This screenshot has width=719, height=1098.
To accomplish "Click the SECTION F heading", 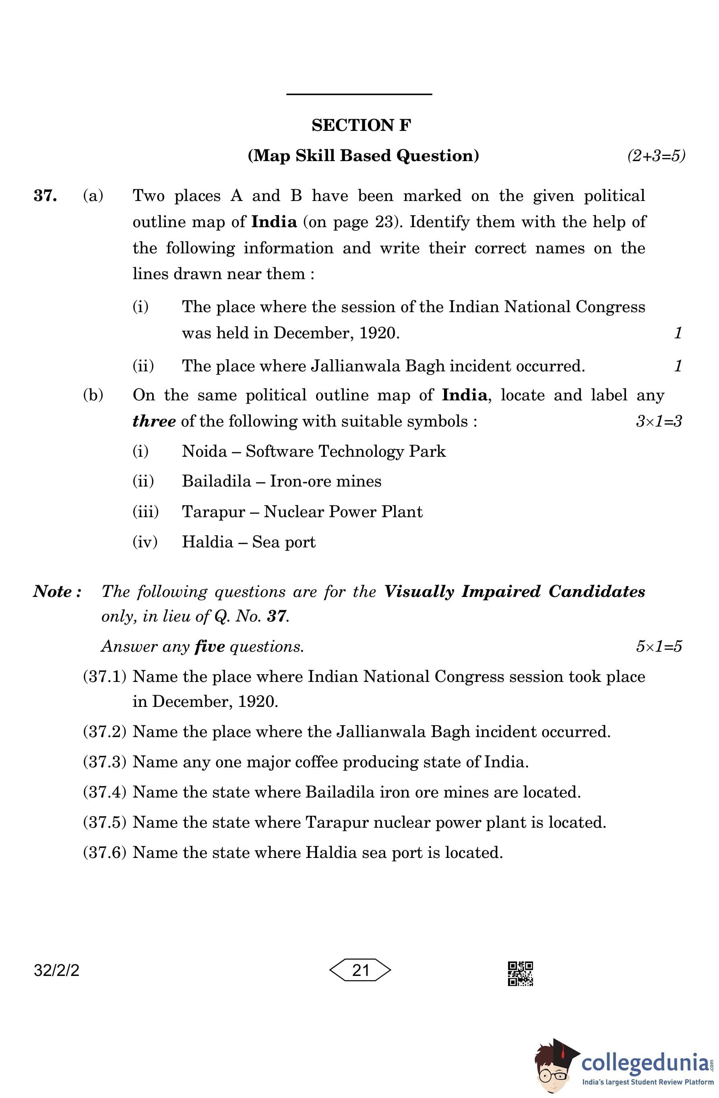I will (361, 125).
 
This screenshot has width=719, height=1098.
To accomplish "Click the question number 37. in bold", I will (45, 196).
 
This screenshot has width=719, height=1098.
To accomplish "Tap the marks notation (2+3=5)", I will (656, 155).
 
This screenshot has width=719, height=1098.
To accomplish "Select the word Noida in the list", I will (205, 451).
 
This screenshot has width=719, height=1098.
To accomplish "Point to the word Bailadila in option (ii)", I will (216, 481).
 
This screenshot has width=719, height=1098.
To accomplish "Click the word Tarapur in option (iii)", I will (213, 512).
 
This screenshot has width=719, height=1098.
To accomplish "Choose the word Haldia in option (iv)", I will (208, 542).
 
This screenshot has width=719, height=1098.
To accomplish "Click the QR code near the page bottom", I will (520, 973).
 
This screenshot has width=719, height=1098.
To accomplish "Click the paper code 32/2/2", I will (56, 970).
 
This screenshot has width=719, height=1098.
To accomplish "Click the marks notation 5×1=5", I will (659, 646).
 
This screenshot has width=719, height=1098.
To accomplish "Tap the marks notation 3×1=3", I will (659, 421).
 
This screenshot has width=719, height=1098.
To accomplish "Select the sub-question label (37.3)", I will (104, 762).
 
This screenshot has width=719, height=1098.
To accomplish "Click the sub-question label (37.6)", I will (104, 852).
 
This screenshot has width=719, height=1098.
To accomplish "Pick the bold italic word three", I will (153, 421).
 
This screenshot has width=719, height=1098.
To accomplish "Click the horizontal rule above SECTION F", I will (359, 95).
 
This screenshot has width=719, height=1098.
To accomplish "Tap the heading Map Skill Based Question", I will (364, 155).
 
